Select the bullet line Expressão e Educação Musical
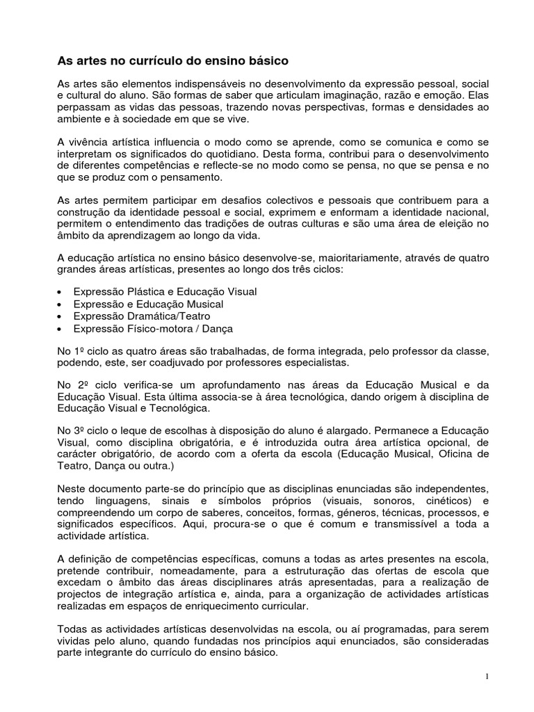[148, 305]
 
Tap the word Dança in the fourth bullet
[217, 328]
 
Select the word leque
[136, 430]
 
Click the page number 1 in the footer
[487, 677]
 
